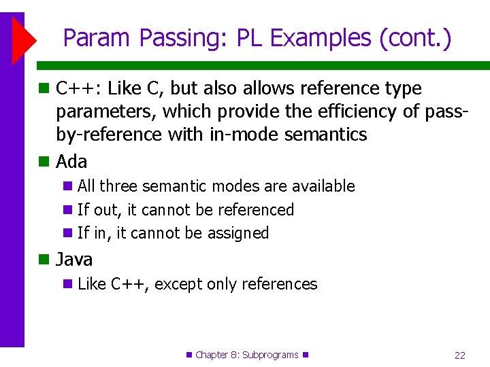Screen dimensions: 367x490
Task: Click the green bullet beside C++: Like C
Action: click(x=44, y=88)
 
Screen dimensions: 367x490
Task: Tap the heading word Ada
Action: click(x=71, y=162)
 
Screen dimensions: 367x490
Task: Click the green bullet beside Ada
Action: click(x=44, y=162)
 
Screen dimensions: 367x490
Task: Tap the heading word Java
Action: click(x=74, y=260)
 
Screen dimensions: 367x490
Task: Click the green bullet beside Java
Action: click(x=44, y=260)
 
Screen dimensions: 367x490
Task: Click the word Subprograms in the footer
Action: click(x=271, y=355)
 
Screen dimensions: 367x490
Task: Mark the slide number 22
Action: click(x=460, y=355)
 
